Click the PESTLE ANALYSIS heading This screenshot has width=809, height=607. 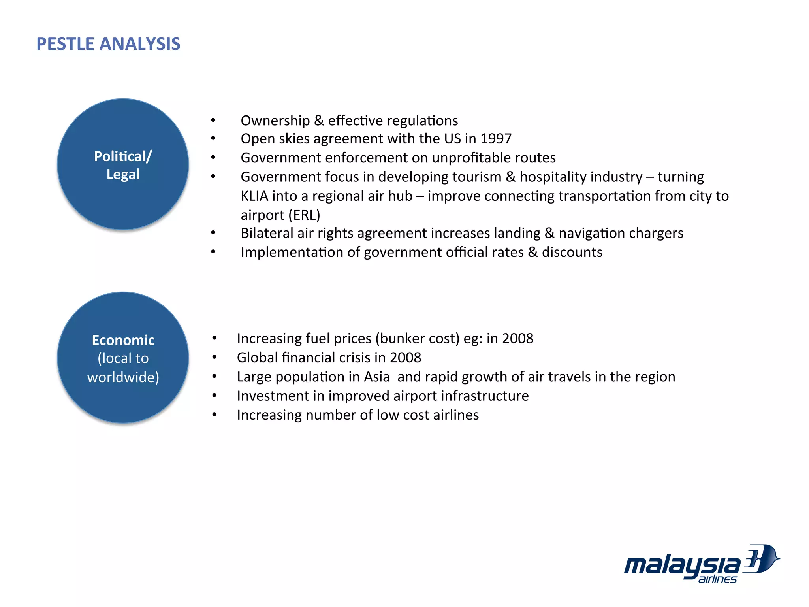tap(108, 44)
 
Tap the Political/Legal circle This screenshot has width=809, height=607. tap(123, 164)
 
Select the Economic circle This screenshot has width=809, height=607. tap(123, 358)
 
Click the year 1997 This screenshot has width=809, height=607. tap(496, 139)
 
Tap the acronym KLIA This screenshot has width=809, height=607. tap(254, 196)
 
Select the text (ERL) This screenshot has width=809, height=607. tap(304, 215)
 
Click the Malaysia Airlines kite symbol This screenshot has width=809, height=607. tap(760, 559)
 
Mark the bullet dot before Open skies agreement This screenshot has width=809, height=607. tap(213, 139)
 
